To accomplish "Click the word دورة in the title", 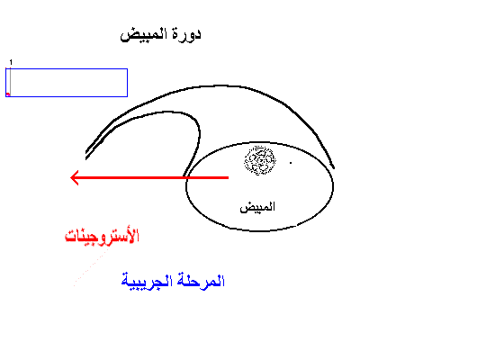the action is tap(187, 34).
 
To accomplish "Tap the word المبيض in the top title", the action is tap(144, 34).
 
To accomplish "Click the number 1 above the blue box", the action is tap(11, 62).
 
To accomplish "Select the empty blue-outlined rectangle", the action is tap(67, 68).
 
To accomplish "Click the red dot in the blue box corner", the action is tap(8, 94).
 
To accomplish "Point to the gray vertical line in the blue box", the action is tap(11, 81).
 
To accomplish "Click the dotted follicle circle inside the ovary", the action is tap(260, 160).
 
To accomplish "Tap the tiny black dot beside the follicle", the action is tap(291, 163).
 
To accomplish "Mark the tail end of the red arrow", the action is tap(229, 178).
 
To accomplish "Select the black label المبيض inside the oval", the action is tap(257, 207).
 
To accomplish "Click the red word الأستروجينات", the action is tap(102, 236).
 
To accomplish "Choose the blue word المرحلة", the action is tap(201, 281).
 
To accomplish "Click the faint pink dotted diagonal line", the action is tap(91, 267).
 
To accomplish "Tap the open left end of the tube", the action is tap(86, 155).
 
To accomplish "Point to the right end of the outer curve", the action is tap(334, 167).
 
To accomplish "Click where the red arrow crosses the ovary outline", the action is tap(186, 178).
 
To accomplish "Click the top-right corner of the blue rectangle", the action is tap(128, 68).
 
